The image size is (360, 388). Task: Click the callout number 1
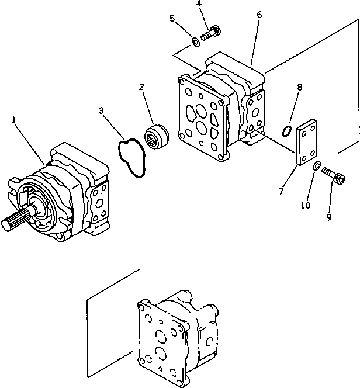13,120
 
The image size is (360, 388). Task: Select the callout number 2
141,88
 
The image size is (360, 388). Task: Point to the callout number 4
199,4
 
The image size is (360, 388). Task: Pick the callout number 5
172,18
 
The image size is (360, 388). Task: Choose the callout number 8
299,88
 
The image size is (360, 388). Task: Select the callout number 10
304,206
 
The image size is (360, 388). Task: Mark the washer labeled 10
316,168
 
